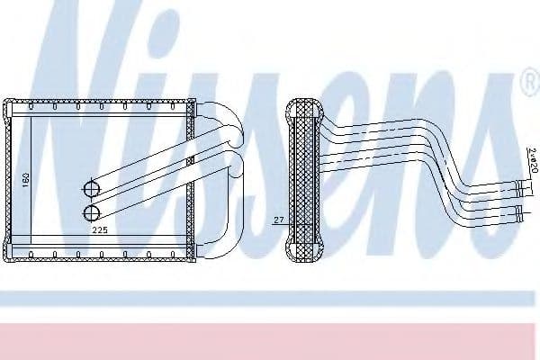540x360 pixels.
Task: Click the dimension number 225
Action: pos(101,229)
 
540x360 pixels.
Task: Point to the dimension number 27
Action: pos(278,218)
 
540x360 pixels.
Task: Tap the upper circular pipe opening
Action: pos(91,189)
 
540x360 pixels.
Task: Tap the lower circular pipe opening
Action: pos(91,212)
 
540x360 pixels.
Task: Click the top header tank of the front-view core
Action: pos(99,106)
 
